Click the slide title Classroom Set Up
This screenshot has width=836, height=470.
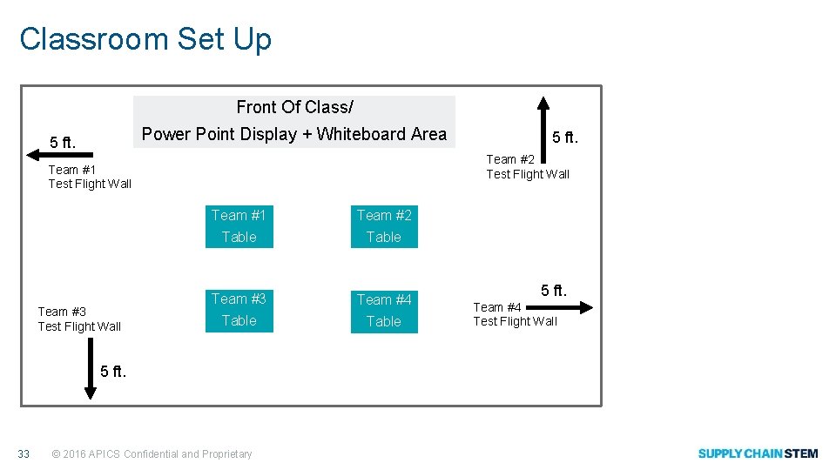[145, 39]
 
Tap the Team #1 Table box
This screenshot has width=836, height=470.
[239, 226]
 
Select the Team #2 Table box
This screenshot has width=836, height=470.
[384, 226]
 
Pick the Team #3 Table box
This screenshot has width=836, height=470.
[239, 310]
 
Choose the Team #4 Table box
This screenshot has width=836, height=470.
[384, 311]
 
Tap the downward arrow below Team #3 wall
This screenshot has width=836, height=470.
[90, 369]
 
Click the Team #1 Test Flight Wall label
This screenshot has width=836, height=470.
[90, 177]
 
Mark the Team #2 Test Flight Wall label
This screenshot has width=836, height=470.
[528, 166]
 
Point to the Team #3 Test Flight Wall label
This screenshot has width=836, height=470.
[79, 319]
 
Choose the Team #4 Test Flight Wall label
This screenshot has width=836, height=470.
[515, 314]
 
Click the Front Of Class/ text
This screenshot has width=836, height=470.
[294, 107]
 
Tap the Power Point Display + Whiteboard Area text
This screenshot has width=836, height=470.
[294, 134]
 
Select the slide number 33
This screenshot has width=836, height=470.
[24, 453]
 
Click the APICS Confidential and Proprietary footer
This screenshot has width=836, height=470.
[152, 453]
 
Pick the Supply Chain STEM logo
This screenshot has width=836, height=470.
[758, 453]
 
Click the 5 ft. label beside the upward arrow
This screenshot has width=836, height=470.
[565, 138]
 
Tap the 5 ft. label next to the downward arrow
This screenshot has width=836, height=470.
[113, 371]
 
